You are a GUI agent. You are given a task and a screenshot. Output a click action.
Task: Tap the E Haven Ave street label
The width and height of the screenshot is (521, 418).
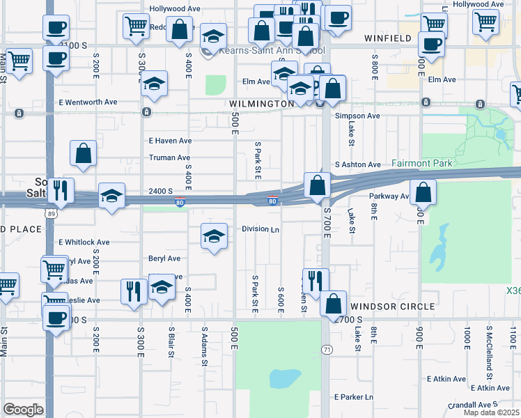[170, 140]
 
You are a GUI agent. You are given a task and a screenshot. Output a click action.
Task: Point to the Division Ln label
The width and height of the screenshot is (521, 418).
[260, 229]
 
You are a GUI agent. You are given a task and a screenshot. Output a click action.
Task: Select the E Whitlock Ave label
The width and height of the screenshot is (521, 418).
[84, 242]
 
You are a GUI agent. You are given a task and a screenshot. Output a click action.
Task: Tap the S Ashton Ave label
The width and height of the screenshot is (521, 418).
[358, 164]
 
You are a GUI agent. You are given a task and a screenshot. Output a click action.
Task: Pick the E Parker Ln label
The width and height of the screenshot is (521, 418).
[354, 397]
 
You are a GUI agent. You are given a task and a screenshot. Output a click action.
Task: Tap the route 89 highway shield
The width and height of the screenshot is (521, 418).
[49, 214]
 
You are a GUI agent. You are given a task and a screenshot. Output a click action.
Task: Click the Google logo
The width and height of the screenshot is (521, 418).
[23, 410]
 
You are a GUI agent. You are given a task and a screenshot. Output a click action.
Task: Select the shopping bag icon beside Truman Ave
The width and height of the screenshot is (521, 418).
[83, 155]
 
